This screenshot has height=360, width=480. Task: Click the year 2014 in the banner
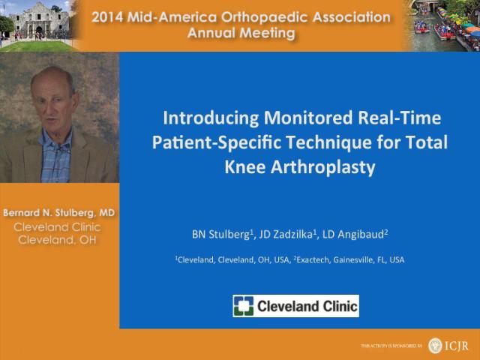point(107,17)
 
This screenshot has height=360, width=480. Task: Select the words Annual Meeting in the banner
point(241,33)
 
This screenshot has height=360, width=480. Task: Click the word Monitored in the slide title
point(308,118)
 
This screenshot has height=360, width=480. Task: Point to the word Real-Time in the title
point(400,118)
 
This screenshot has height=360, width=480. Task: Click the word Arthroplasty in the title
point(322,168)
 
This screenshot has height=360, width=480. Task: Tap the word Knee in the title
point(245,167)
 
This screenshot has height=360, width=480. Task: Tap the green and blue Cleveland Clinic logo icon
point(243,306)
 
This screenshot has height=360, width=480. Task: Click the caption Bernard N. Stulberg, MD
point(58,212)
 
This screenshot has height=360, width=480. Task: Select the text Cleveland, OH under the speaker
point(57,240)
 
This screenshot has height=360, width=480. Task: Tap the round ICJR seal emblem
point(435,346)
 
